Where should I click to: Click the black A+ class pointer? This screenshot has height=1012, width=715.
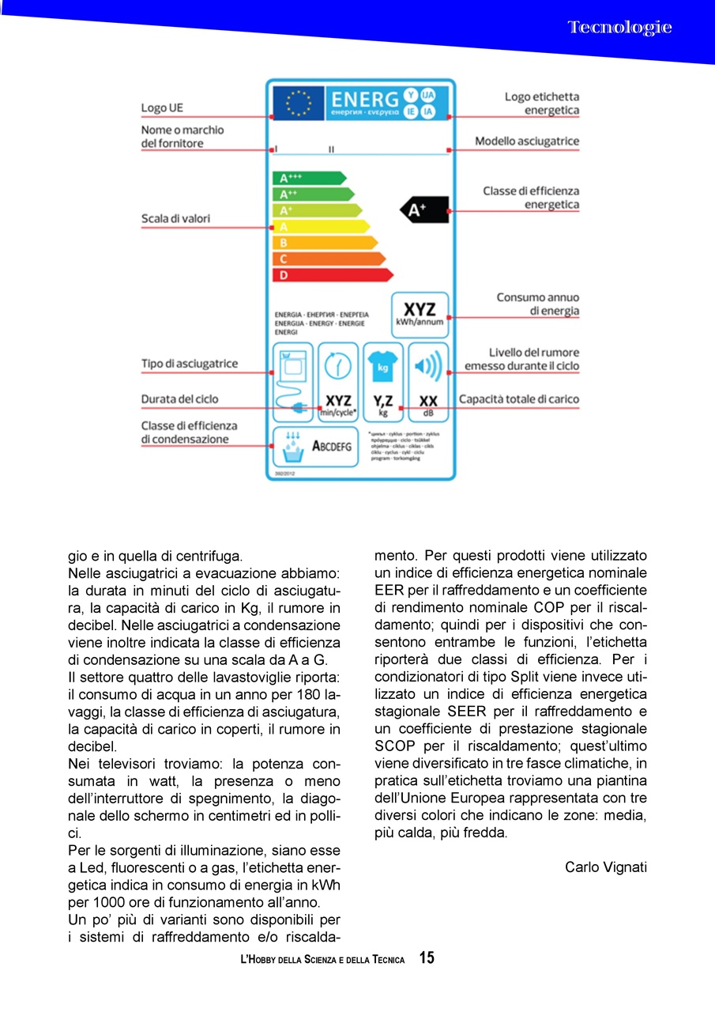426,210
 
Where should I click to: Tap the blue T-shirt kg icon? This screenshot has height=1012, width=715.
384,366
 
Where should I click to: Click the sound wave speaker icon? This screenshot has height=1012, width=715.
428,366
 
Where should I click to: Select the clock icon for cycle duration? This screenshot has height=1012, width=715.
339,367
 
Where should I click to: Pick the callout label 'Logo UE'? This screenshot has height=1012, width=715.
162,108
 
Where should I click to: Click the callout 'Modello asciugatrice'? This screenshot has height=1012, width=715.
526,142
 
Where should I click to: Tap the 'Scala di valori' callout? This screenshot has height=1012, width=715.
175,218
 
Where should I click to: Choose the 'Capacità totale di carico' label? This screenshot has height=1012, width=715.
518,399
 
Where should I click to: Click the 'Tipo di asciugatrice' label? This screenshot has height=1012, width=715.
189,364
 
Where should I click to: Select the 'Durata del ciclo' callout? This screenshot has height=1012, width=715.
179,399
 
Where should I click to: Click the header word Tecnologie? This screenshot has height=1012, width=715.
619,28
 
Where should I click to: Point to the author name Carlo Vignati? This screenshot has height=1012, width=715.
605,867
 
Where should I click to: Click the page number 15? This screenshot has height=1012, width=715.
427,958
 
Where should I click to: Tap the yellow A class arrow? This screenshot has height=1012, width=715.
320,226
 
